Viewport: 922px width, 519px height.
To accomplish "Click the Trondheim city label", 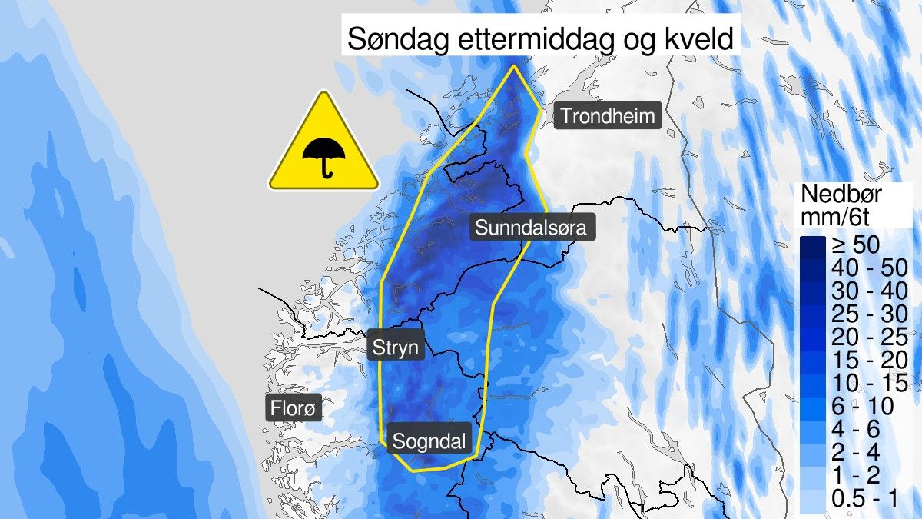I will [x=608, y=117].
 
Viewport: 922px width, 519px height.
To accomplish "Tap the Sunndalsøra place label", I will [x=532, y=228].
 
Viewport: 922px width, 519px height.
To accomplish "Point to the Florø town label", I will [x=293, y=407].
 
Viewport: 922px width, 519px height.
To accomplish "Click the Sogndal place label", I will [x=429, y=441].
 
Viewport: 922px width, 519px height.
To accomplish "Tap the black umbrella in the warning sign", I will [x=323, y=156].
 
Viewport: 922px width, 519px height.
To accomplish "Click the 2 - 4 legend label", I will [x=856, y=450].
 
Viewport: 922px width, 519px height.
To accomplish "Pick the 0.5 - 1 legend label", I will [x=864, y=498].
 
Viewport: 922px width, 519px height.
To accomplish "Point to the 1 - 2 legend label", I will [x=856, y=473].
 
